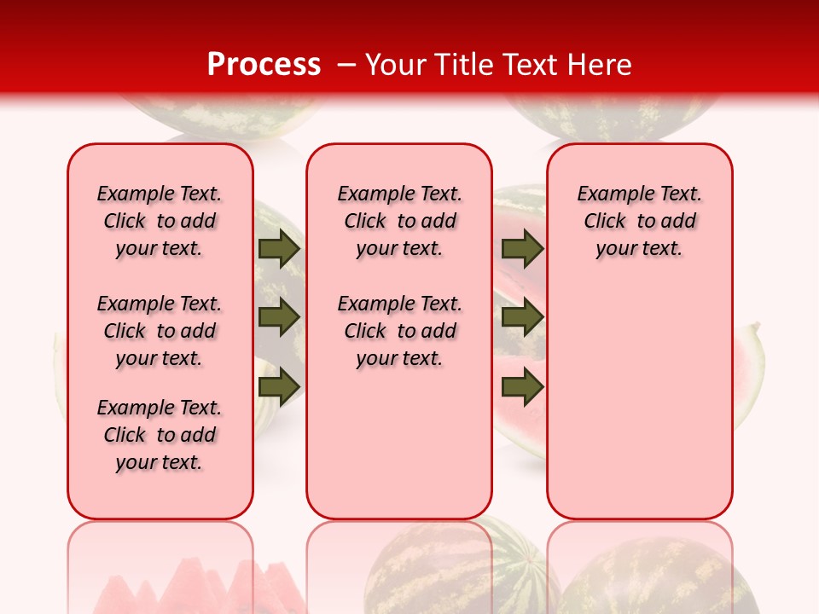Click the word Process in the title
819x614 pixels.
click(x=264, y=65)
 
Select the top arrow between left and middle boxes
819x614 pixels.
click(x=279, y=248)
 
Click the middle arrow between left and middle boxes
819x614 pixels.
click(x=279, y=317)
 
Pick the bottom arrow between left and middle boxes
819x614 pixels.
click(x=279, y=386)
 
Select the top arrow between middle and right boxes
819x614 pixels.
click(x=522, y=248)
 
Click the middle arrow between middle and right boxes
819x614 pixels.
click(x=522, y=317)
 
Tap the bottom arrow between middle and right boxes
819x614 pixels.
click(x=522, y=386)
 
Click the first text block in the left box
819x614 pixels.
click(x=160, y=221)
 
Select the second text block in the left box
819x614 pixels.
click(x=160, y=331)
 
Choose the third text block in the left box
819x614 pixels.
click(x=160, y=435)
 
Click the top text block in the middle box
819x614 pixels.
click(x=399, y=221)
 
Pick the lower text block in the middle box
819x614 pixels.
click(x=399, y=331)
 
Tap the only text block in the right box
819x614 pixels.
click(x=639, y=221)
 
